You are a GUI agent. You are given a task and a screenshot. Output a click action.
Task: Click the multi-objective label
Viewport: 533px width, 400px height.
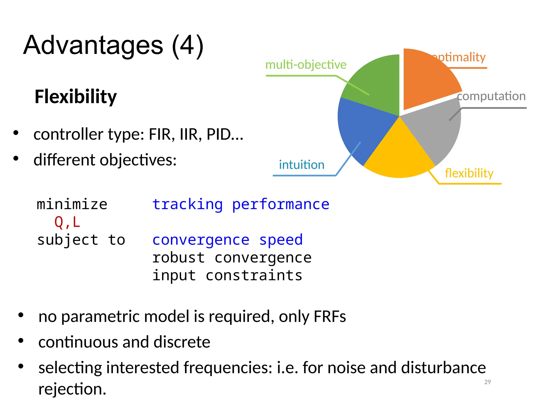306,65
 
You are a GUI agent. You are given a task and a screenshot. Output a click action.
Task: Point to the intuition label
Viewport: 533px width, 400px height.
302,165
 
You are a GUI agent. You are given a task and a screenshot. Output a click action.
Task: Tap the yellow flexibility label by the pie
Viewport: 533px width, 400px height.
469,173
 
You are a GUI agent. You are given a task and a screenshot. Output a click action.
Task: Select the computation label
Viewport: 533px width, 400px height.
491,96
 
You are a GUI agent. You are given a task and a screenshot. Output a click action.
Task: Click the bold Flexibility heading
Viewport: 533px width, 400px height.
75,97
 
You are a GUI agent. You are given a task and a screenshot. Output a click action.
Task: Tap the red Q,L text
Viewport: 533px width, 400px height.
67,222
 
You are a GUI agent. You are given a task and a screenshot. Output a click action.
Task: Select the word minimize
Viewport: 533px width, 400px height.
72,204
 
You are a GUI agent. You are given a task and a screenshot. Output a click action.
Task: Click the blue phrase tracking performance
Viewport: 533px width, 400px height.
241,204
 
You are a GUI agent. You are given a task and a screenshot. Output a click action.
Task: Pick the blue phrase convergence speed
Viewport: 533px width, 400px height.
227,240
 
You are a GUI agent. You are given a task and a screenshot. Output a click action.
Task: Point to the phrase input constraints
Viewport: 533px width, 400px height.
227,275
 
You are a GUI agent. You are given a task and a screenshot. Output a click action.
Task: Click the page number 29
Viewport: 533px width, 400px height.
487,382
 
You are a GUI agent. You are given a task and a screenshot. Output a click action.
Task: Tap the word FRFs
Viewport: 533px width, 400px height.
330,316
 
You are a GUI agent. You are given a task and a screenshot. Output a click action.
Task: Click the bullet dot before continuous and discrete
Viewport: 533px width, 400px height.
21,341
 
